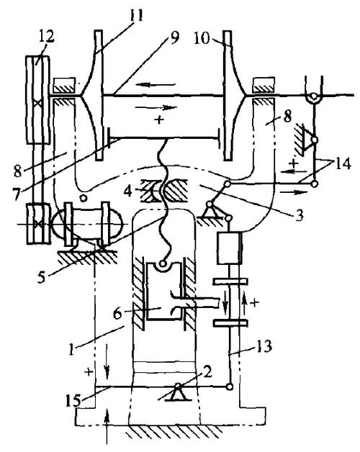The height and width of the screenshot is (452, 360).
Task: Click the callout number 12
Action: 45,37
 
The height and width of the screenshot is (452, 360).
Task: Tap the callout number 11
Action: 136,15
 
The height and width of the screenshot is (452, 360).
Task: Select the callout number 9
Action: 174,37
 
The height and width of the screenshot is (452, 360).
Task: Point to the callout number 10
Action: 202,38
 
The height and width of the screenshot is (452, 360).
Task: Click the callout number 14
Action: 343,164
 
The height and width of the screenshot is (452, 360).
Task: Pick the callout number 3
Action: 300,214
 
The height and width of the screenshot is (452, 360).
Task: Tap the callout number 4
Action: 128,190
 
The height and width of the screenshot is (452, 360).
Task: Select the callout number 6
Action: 117,314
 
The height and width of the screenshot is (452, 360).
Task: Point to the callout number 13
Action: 264,346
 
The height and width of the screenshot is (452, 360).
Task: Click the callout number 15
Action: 73,400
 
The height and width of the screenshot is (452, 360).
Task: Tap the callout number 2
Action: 207,372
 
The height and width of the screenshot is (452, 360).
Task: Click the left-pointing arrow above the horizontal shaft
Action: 156,85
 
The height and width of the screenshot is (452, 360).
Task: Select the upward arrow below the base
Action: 107,428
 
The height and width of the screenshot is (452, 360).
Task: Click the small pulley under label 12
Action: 38,224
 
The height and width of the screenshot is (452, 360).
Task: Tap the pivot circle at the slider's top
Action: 163,263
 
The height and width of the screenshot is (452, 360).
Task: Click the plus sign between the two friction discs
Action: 159,119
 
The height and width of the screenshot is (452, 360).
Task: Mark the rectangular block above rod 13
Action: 229,248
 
